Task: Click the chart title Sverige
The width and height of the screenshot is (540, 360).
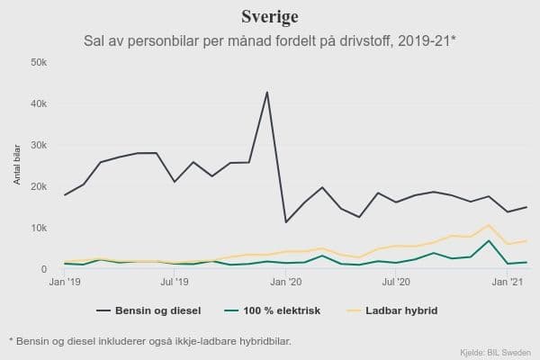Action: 270,17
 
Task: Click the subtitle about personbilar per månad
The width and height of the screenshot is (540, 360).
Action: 270,41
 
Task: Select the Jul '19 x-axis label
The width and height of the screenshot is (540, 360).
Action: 175,283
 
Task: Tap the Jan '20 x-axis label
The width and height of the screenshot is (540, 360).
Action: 286,283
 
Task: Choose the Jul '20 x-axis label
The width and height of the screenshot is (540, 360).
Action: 396,283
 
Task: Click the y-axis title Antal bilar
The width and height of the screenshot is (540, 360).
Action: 16,166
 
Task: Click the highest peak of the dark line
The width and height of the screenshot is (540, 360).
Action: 267,92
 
